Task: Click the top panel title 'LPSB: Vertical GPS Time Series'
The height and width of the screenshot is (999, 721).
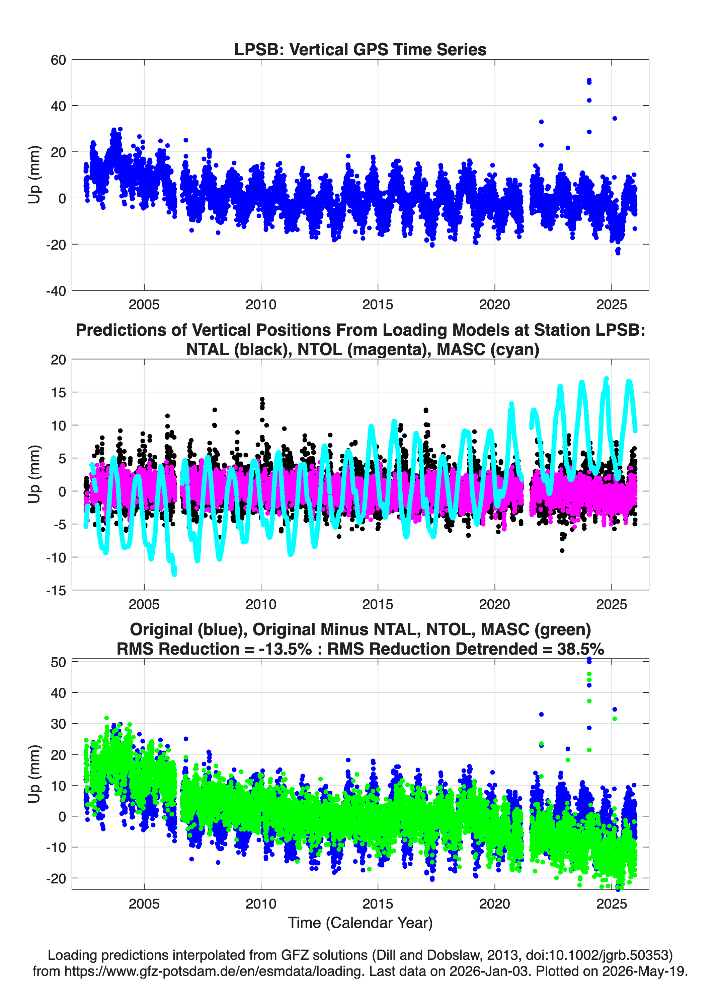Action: (x=360, y=49)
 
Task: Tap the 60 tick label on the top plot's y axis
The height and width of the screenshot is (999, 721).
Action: (x=58, y=60)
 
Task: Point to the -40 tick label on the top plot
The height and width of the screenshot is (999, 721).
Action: (x=56, y=291)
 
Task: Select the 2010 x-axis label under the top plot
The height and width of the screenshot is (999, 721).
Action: (x=261, y=305)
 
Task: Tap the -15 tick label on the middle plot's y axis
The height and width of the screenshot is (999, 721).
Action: (x=56, y=591)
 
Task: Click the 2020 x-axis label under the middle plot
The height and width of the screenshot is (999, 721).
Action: (x=495, y=604)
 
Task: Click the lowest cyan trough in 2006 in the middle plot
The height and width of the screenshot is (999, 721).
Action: (x=174, y=573)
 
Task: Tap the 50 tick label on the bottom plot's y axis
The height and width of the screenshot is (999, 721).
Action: (x=58, y=662)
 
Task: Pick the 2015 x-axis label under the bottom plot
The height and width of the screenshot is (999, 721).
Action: (x=378, y=904)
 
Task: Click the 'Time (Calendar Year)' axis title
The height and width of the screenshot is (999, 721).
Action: (x=360, y=923)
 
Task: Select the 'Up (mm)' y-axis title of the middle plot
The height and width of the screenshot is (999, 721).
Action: (x=34, y=474)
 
